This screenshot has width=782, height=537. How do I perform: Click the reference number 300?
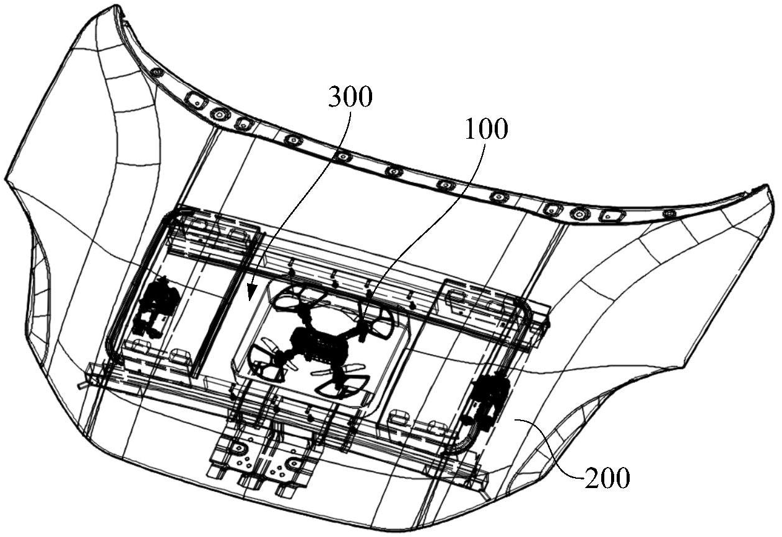click(350, 97)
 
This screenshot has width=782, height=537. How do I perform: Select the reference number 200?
click(607, 478)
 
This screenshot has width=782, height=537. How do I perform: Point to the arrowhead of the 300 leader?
click(251, 295)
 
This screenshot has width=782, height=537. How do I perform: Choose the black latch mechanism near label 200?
click(489, 399)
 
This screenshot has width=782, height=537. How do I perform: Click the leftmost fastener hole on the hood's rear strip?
click(157, 72)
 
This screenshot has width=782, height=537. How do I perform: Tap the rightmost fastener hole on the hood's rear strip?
click(669, 214)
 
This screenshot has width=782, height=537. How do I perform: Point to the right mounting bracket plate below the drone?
click(289, 466)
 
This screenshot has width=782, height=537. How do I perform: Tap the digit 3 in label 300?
click(336, 97)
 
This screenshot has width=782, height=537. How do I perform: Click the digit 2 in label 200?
click(591, 478)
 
